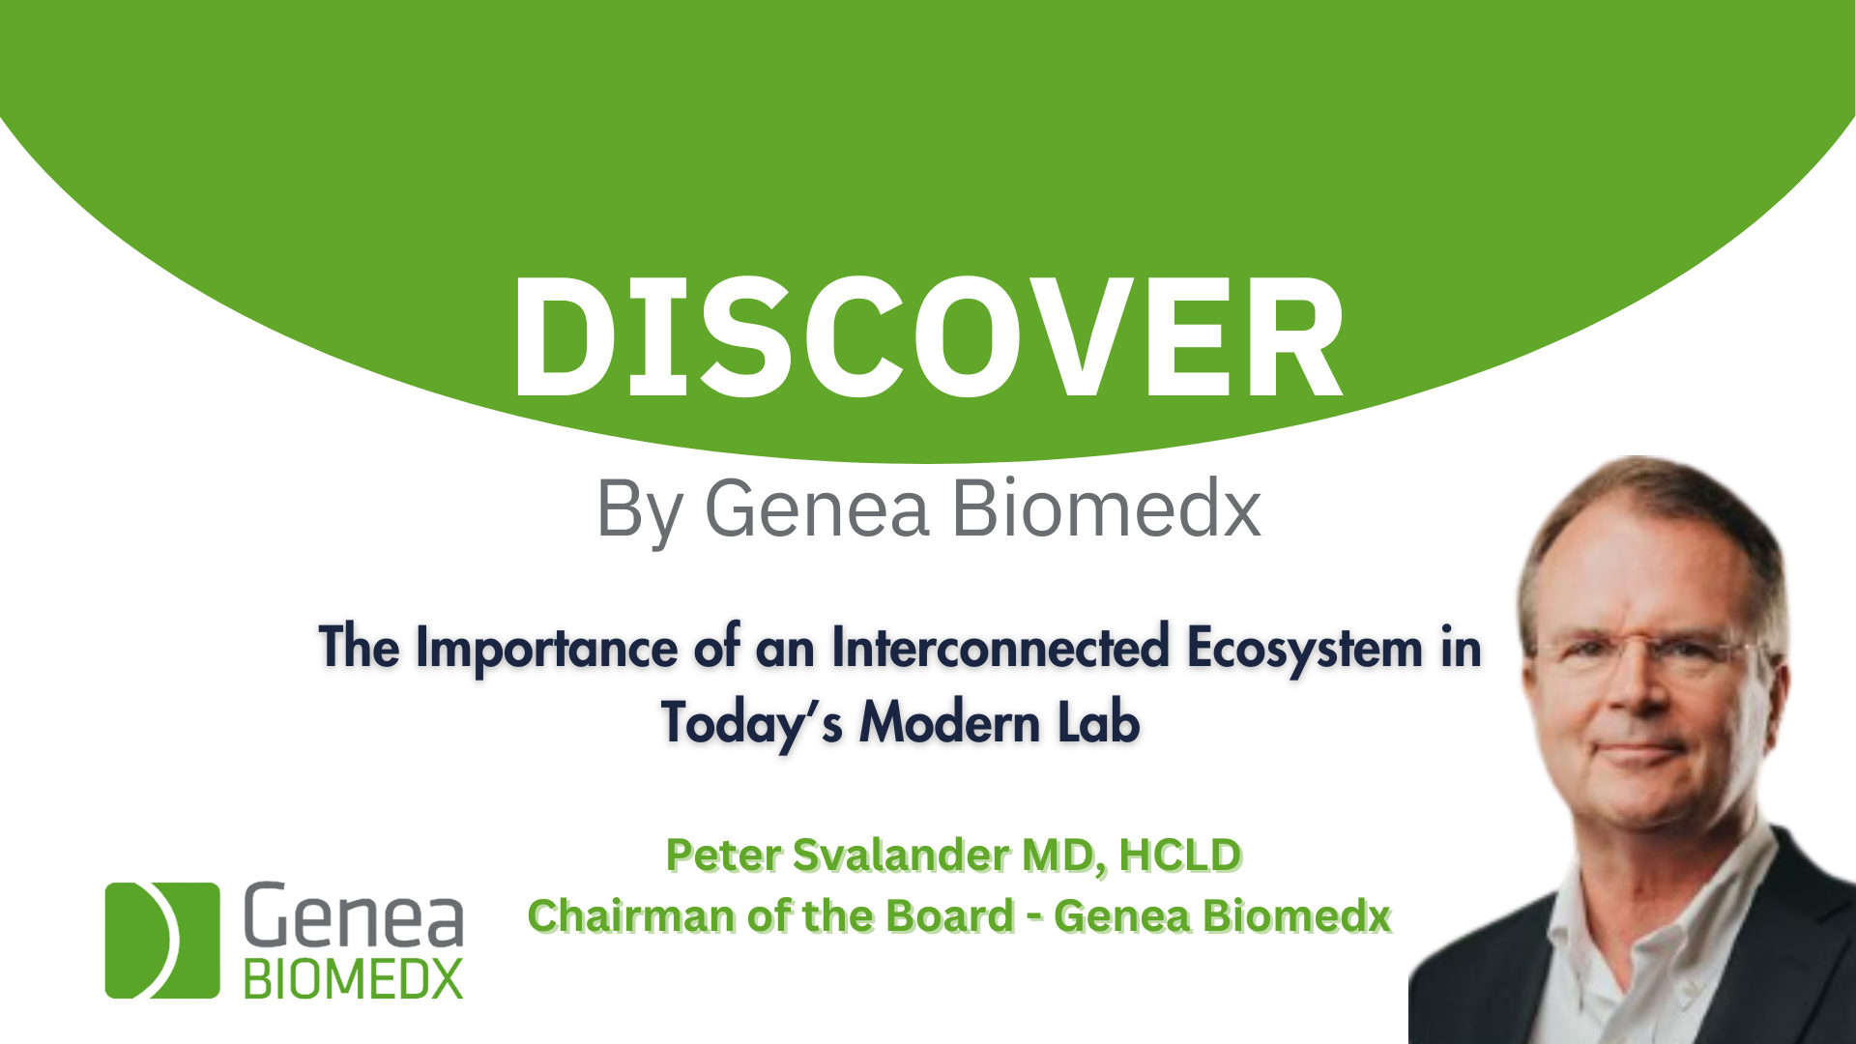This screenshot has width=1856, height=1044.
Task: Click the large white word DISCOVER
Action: pyautogui.click(x=928, y=336)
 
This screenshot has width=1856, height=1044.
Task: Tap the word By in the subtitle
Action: pyautogui.click(x=639, y=510)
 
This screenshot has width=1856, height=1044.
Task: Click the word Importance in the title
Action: pyautogui.click(x=547, y=649)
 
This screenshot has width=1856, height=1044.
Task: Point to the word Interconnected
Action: pyautogui.click(x=1000, y=647)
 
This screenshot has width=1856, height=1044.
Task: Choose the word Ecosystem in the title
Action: pyautogui.click(x=1305, y=649)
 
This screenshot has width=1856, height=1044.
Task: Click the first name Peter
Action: pyautogui.click(x=724, y=855)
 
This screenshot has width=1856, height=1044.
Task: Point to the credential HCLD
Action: pyautogui.click(x=1180, y=855)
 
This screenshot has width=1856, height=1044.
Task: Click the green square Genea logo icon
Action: pyautogui.click(x=162, y=940)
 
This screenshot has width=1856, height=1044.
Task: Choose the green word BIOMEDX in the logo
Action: pyautogui.click(x=353, y=979)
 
